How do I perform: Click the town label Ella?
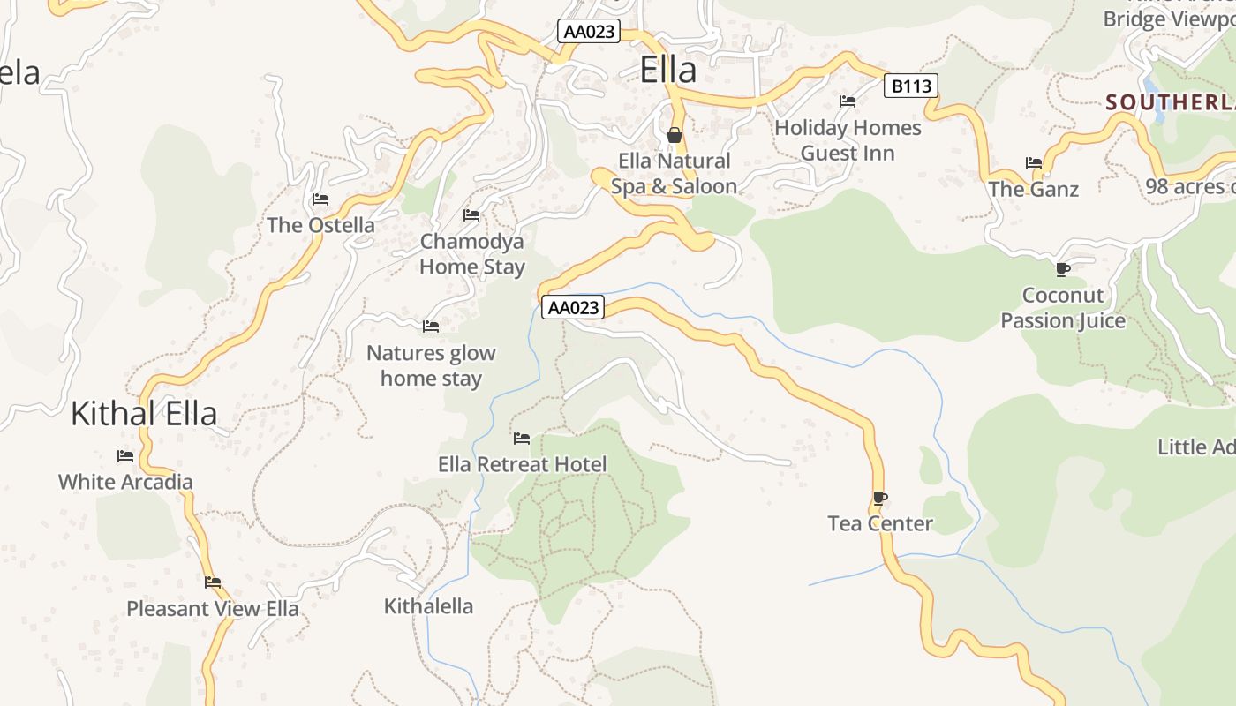click(667, 70)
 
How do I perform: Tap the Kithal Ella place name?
click(144, 413)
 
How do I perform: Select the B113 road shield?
click(910, 86)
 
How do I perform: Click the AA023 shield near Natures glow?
click(574, 307)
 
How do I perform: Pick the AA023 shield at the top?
click(590, 32)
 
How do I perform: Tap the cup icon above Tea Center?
click(879, 498)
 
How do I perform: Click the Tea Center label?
click(880, 523)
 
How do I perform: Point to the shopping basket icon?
click(675, 135)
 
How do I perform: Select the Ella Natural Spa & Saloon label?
click(674, 173)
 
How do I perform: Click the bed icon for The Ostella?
click(320, 199)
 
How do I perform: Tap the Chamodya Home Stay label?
click(471, 254)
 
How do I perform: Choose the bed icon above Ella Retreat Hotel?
click(522, 438)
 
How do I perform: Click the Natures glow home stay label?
click(431, 365)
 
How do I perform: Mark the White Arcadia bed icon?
click(125, 456)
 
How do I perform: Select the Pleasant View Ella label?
click(213, 608)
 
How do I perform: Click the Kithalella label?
click(428, 606)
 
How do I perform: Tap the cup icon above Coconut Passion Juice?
click(1063, 269)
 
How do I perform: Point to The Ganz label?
click(1033, 189)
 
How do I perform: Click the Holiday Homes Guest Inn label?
click(848, 140)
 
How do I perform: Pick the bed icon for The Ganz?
click(1034, 163)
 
